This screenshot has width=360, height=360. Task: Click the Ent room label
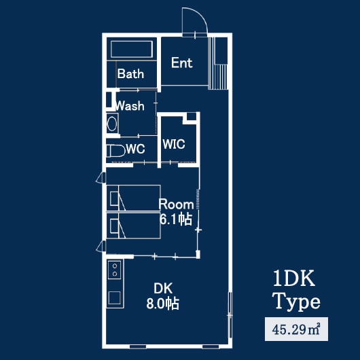[x=181, y=63]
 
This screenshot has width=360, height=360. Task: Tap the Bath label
[x=130, y=74]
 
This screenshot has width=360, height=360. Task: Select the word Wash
[x=129, y=106]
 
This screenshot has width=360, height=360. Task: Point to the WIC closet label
[x=173, y=145]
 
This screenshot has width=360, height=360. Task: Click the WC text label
[x=135, y=149]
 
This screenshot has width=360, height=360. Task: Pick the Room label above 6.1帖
[x=176, y=204]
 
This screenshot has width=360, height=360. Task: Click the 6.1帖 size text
[x=175, y=219]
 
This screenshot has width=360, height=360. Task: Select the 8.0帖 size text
[x=162, y=304]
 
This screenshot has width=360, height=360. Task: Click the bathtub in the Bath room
[x=130, y=50]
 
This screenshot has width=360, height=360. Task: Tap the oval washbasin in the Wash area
[x=112, y=124]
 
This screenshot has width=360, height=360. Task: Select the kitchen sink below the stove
[x=113, y=299]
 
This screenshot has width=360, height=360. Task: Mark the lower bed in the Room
[x=134, y=225]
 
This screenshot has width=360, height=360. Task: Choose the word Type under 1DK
[x=296, y=301]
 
